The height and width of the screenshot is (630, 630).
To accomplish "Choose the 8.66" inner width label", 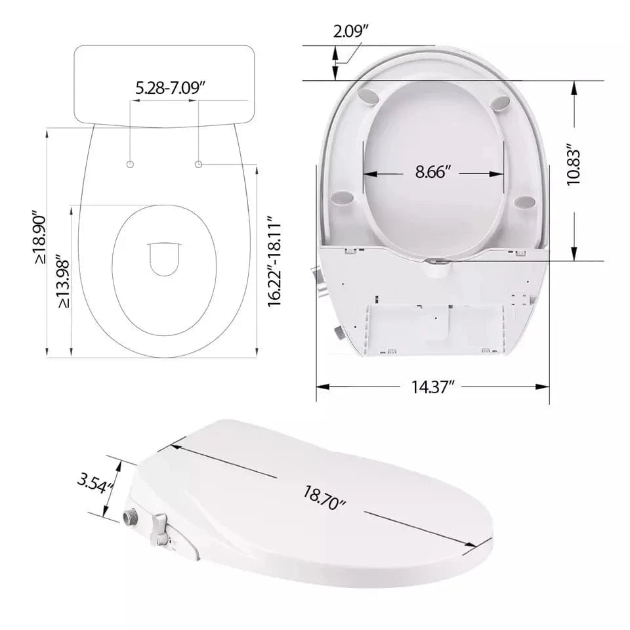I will pyautogui.click(x=434, y=173).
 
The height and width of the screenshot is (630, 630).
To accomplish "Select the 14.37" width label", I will pyautogui.click(x=434, y=387).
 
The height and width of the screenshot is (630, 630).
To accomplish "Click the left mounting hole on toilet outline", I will pyautogui.click(x=131, y=163).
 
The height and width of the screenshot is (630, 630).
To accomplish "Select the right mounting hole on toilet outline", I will pyautogui.click(x=199, y=163).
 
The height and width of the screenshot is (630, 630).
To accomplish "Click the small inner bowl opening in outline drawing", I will pyautogui.click(x=164, y=259).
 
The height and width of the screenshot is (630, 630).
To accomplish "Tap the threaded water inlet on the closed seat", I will pyautogui.click(x=131, y=516).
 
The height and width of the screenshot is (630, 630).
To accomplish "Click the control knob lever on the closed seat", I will pyautogui.click(x=160, y=527).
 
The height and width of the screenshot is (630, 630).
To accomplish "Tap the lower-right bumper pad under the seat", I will pyautogui.click(x=525, y=202).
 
